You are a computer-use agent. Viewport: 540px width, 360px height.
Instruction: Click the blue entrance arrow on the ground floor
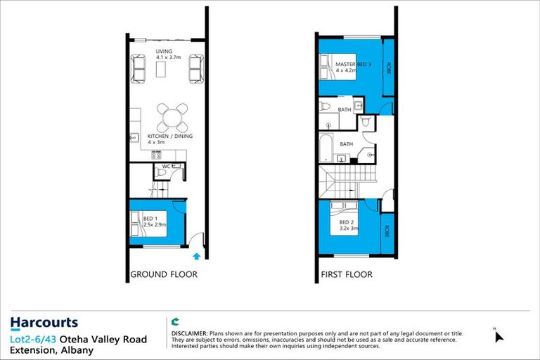[x=197, y=257]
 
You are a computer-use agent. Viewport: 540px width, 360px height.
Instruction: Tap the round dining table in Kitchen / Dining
[x=172, y=117]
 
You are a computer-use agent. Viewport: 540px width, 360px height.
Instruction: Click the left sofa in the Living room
[x=139, y=69]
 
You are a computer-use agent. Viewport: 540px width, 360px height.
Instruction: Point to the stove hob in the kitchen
[x=156, y=154]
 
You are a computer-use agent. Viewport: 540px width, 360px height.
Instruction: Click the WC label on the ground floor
[x=167, y=167]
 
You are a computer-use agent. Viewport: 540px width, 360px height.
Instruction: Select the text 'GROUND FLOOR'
[x=164, y=274]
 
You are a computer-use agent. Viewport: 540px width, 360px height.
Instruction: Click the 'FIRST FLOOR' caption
[x=347, y=274]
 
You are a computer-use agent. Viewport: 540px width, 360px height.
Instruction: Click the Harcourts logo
[x=44, y=323]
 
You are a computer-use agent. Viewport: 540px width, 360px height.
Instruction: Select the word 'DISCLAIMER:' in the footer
[x=189, y=331]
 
